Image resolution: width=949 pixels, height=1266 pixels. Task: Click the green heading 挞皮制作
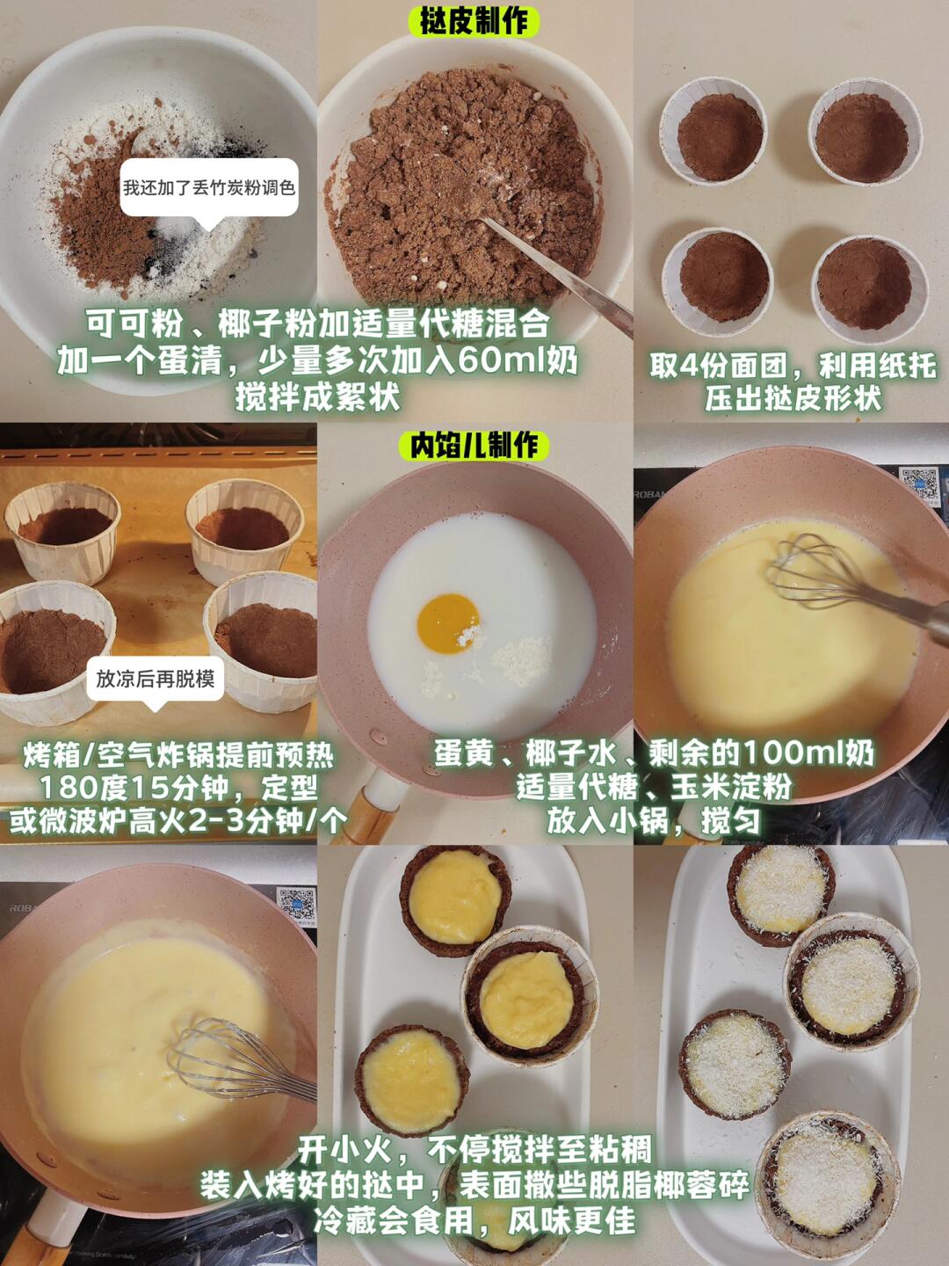(x=474, y=23)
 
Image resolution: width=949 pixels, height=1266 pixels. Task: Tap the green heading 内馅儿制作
(x=474, y=446)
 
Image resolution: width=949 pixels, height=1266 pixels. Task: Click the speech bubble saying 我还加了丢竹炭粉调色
(x=208, y=188)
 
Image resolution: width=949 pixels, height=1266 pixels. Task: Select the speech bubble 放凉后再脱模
(x=155, y=679)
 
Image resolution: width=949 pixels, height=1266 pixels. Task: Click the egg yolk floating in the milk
(x=448, y=623)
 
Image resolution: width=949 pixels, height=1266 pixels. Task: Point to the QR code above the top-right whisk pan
(x=920, y=484)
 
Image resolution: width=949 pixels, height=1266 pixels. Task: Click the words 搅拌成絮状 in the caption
(x=317, y=397)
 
